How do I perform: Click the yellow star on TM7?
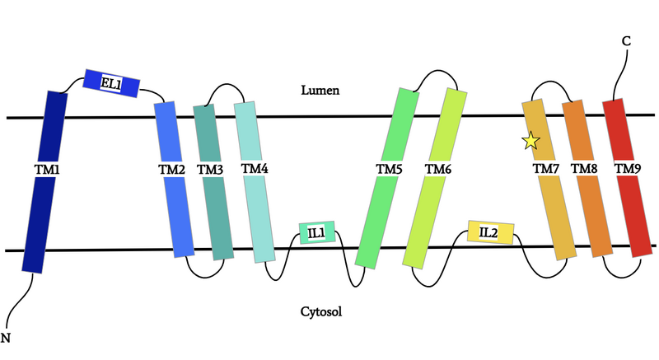point(530,142)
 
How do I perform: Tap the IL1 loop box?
point(316,233)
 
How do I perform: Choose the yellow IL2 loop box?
point(490,232)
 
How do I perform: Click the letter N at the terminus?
point(7,337)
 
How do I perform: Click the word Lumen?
point(320,89)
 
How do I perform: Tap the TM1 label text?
point(47,169)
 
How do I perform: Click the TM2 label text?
point(171,169)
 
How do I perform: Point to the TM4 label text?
point(255,168)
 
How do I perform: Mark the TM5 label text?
point(389,169)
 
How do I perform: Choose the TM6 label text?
point(437,169)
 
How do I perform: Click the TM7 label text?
point(546,169)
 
